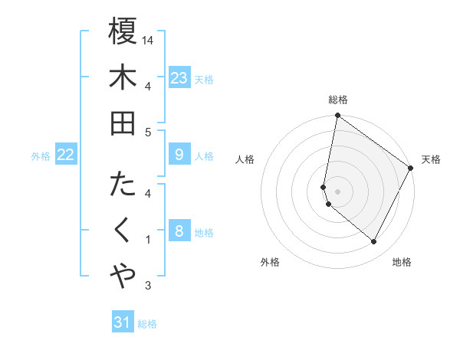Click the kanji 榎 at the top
pos(123,31)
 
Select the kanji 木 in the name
pos(123,78)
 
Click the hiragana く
pos(123,231)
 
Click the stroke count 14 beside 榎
pos(149,39)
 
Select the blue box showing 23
pos(179,78)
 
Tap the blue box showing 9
pos(179,155)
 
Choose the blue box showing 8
pos(179,231)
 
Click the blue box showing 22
pos(65,155)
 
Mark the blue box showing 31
pos(123,322)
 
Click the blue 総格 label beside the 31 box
pos(148,324)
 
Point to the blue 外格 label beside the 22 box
pos(41,156)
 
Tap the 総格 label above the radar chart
pos(338,100)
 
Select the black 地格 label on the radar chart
pos(402,262)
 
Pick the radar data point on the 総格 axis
pos(337,116)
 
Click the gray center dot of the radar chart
pos(337,191)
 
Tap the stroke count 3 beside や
pos(148,286)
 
